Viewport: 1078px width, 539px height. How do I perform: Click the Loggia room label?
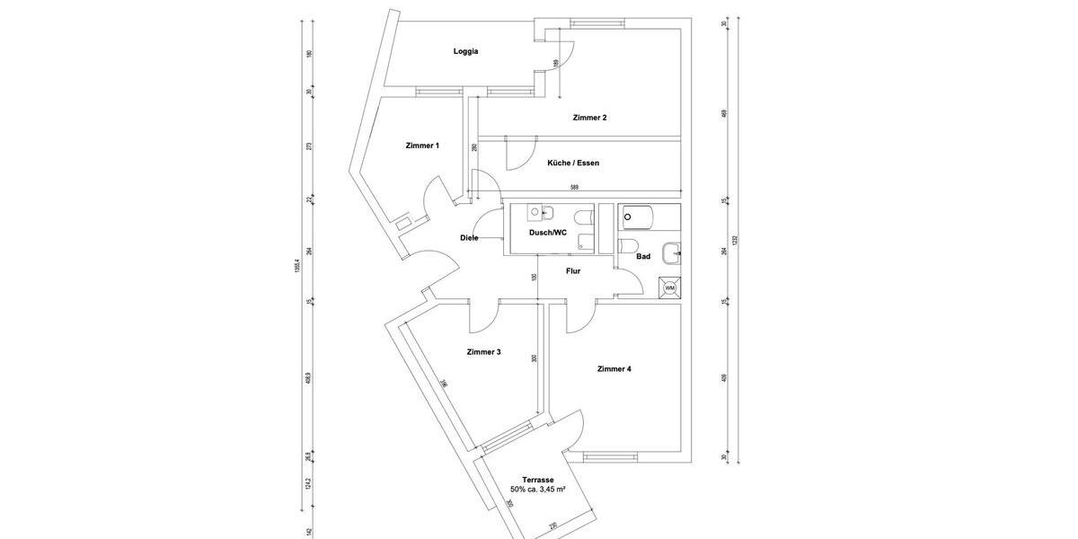465,51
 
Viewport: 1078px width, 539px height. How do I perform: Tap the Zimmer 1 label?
422,146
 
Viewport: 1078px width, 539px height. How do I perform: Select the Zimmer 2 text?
589,118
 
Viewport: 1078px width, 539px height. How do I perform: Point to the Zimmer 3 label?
483,352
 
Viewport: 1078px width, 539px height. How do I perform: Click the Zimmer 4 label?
614,369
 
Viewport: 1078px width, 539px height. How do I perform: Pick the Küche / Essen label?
573,163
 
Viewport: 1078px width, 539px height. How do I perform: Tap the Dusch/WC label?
547,233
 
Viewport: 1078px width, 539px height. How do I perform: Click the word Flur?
573,270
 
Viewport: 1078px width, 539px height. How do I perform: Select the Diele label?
469,238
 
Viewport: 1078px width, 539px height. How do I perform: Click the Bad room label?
643,257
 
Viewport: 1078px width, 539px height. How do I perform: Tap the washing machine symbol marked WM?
669,287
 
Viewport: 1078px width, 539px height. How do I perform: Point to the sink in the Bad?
671,254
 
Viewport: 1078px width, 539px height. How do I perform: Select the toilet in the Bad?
629,246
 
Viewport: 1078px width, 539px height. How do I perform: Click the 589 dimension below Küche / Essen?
573,187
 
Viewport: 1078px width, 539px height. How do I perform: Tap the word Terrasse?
537,480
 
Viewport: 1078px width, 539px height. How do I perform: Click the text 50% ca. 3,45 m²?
537,490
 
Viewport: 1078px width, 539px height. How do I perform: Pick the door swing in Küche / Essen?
520,156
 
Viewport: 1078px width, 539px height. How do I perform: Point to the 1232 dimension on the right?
734,241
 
